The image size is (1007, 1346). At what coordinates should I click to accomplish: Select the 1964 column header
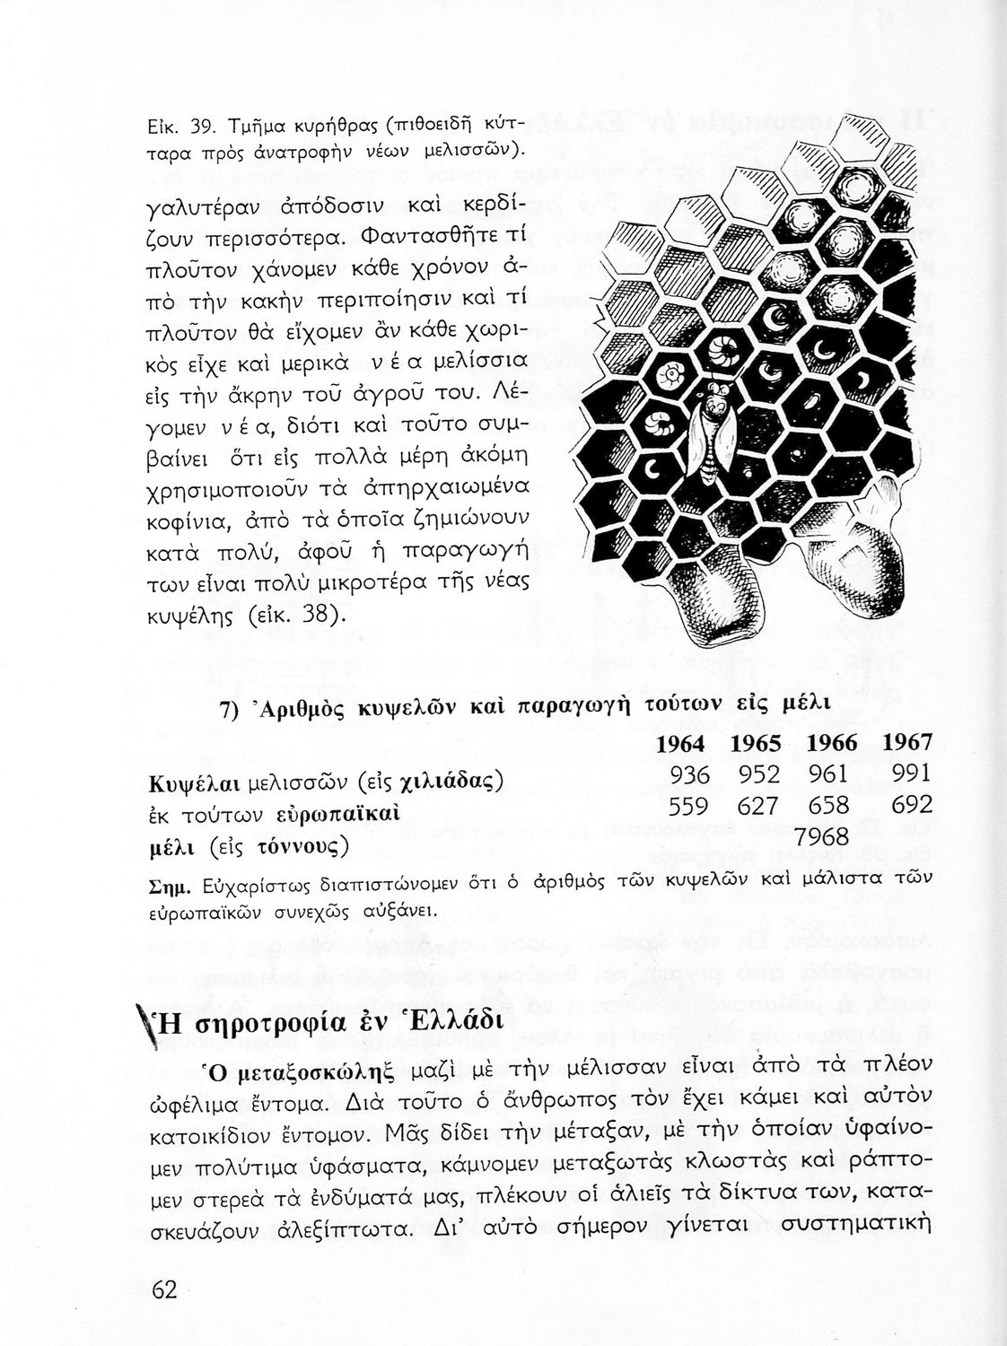681,743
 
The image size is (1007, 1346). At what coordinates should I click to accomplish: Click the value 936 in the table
690,774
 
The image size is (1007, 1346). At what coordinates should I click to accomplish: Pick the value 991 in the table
912,773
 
